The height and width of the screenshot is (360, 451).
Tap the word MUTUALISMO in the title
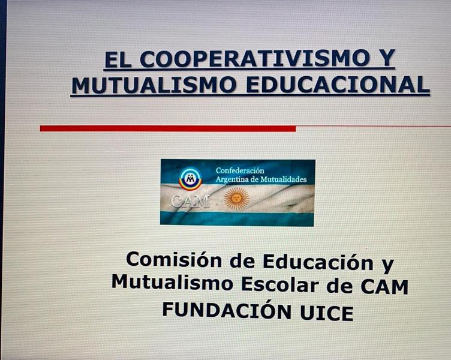click(x=154, y=85)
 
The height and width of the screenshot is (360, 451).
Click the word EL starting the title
click(x=118, y=59)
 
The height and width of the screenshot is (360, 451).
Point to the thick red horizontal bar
click(x=168, y=128)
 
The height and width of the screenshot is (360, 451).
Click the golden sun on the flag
click(x=237, y=198)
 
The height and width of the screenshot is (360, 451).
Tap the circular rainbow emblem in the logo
click(x=190, y=179)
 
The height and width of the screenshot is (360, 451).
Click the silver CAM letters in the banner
click(x=190, y=201)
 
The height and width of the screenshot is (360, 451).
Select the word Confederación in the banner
click(x=240, y=170)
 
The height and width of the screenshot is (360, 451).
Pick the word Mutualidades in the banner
click(x=283, y=179)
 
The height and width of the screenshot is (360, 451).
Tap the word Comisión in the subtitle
click(x=174, y=259)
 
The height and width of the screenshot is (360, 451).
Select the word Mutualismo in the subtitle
click(x=172, y=281)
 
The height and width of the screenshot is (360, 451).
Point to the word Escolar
click(x=280, y=283)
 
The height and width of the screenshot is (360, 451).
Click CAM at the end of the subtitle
click(x=384, y=286)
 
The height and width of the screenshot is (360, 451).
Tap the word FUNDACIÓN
click(x=227, y=310)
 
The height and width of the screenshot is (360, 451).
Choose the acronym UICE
click(x=327, y=313)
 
